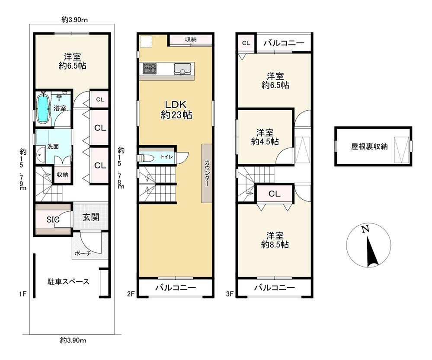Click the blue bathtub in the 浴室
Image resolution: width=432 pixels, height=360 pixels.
click(x=43, y=108)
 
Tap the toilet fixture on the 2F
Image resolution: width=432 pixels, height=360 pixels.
click(x=145, y=158)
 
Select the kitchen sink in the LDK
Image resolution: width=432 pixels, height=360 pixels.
click(x=182, y=69)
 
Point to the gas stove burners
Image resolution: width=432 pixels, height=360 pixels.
click(x=150, y=68)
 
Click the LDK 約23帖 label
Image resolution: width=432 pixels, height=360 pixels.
click(x=176, y=110)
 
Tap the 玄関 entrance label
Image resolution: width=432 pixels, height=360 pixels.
click(x=91, y=217)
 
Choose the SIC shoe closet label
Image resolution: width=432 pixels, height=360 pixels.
click(x=53, y=220)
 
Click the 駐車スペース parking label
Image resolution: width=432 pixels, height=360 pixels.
click(x=68, y=282)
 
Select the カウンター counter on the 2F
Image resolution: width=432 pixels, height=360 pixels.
click(x=207, y=173)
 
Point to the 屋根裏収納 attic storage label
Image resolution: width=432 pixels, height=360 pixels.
click(x=369, y=147)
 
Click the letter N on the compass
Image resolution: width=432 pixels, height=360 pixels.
click(x=365, y=229)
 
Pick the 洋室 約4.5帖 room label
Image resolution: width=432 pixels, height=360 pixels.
click(x=265, y=137)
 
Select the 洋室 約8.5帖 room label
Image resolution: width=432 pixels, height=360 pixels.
click(x=275, y=240)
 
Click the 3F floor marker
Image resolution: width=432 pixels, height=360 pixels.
click(x=230, y=294)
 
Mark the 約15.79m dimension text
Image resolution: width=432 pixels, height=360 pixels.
click(x=23, y=169)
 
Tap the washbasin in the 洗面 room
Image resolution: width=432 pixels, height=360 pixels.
click(x=41, y=155)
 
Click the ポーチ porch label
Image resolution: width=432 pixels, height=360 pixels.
click(x=83, y=253)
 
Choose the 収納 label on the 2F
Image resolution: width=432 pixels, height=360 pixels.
click(x=191, y=39)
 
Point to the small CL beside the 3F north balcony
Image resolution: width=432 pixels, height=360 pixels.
click(x=246, y=43)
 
